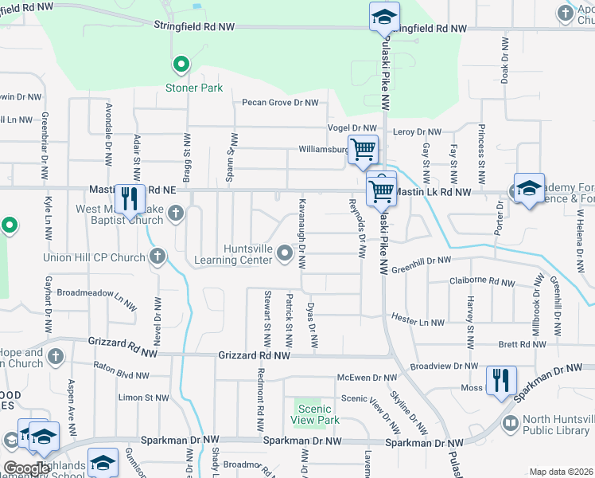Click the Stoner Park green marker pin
click(x=181, y=64)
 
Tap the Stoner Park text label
click(x=194, y=88)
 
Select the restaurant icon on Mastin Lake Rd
click(x=128, y=199)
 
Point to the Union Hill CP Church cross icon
click(x=157, y=257)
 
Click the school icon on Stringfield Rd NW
click(x=384, y=16)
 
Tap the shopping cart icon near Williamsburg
click(x=363, y=148)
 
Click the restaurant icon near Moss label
click(x=501, y=379)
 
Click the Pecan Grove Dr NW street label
click(x=280, y=103)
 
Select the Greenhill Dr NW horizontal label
click(x=420, y=261)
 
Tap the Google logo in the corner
click(x=26, y=468)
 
